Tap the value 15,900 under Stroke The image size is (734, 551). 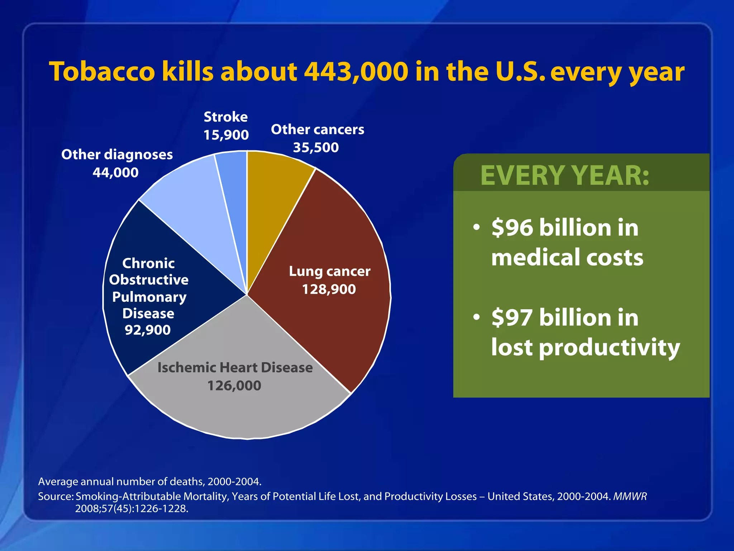tap(226, 135)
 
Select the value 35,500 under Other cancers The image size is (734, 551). tap(316, 147)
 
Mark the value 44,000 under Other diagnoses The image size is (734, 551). tap(115, 173)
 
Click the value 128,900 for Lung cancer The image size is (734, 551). tap(329, 289)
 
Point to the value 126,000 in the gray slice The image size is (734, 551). tap(234, 386)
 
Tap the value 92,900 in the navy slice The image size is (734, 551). tap(147, 330)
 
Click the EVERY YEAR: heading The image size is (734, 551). tap(564, 175)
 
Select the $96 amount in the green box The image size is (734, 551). tap(512, 228)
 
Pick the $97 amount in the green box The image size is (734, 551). tap(512, 318)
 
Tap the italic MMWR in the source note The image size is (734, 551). tap(630, 496)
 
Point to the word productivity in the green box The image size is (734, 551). tap(609, 348)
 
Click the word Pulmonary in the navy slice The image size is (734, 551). tap(149, 297)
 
